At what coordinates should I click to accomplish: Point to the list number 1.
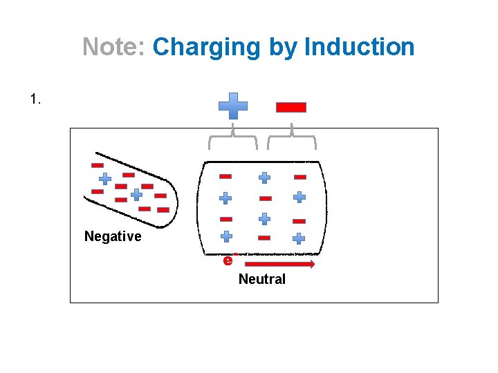[x=36, y=99]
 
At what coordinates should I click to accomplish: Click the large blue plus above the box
[x=233, y=106]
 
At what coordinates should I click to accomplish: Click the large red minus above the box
[x=291, y=107]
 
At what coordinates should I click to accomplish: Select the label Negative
[x=113, y=237]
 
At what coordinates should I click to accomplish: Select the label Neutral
[x=261, y=280]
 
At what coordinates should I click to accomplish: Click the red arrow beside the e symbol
[x=280, y=264]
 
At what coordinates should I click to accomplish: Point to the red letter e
[x=228, y=260]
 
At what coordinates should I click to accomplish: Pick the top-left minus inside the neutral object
[x=225, y=176]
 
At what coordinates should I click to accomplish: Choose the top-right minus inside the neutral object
[x=299, y=177]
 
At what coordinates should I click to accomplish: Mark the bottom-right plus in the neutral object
[x=299, y=238]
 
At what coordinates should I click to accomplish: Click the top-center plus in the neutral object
[x=264, y=178]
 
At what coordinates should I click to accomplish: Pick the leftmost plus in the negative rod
[x=104, y=178]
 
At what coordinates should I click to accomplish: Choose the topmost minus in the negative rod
[x=98, y=166]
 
